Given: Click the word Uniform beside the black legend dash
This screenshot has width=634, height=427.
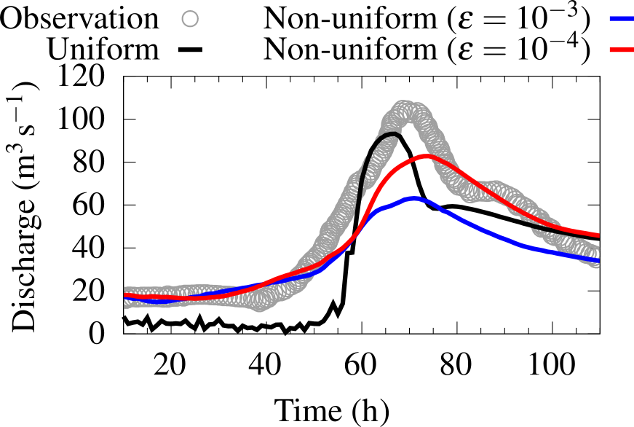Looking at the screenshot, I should click(x=103, y=50).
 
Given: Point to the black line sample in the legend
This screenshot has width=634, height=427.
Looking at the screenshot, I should click(x=190, y=50).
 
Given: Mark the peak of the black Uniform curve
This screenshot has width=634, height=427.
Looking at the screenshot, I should click(x=395, y=133).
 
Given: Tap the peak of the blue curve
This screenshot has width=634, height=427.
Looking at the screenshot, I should click(x=415, y=198).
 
